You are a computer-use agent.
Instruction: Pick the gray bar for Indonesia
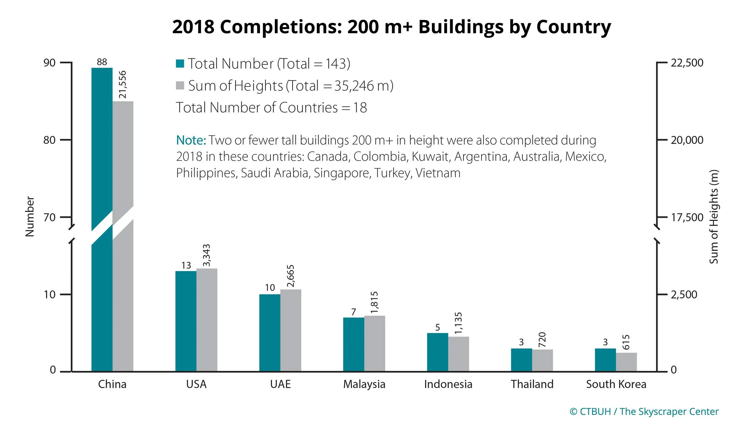coord(459,354)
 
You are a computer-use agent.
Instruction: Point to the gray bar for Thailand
coord(542,360)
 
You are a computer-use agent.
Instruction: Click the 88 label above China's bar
coord(102,62)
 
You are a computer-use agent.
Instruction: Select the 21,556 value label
coord(123,84)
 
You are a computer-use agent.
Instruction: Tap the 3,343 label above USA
coord(207,255)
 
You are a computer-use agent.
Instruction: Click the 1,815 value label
coord(374,302)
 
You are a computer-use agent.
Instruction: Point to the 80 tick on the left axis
coord(49,140)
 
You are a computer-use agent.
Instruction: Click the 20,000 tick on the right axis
coord(687,140)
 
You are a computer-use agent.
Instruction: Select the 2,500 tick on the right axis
coord(684,294)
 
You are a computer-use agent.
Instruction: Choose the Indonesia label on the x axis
coord(448,384)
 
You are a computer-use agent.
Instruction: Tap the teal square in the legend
coord(180,64)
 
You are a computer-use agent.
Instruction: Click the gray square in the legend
coord(180,85)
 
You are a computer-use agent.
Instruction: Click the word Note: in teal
coord(191,140)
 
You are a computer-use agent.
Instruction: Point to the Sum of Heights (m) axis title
coord(714,217)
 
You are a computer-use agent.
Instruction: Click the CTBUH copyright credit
coord(644,412)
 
